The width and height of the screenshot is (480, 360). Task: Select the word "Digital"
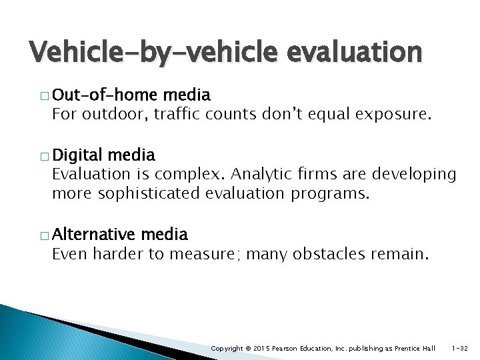(77, 156)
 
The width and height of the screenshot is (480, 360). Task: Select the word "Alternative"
(93, 234)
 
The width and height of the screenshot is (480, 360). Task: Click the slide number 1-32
(461, 348)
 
